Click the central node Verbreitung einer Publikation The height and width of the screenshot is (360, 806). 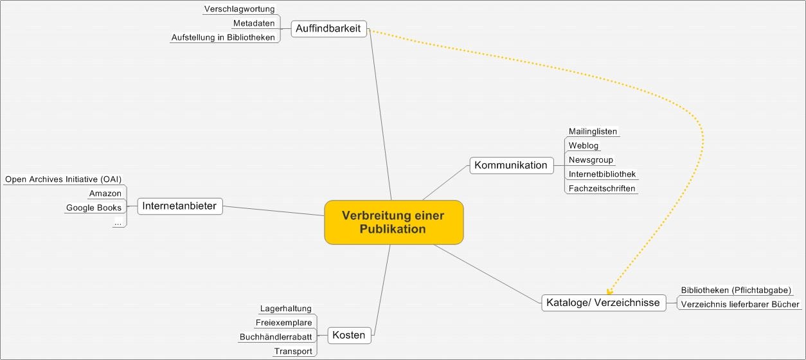(x=393, y=222)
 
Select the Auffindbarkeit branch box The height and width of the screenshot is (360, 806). (x=329, y=28)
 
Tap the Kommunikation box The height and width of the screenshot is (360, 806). (x=511, y=165)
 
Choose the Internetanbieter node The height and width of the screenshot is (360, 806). (x=180, y=206)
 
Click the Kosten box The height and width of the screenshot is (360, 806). (x=349, y=335)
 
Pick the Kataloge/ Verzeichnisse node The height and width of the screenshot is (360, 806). (x=603, y=303)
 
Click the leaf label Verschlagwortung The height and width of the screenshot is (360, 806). (x=239, y=9)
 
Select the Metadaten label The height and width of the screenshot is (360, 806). (x=254, y=23)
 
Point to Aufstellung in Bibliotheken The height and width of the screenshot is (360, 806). (x=223, y=37)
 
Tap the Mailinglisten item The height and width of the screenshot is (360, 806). (x=593, y=131)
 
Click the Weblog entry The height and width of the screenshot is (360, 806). (x=584, y=145)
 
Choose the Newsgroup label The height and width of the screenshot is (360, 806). (x=591, y=159)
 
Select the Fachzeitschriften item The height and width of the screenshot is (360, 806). (x=602, y=188)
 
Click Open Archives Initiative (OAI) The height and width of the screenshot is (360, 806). (x=63, y=179)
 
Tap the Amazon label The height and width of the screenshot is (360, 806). (x=105, y=194)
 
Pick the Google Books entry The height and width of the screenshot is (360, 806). (x=94, y=208)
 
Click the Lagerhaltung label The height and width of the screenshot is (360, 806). (x=285, y=309)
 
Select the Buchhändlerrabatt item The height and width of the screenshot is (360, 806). (x=276, y=337)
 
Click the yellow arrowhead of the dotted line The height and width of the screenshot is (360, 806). (x=609, y=290)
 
